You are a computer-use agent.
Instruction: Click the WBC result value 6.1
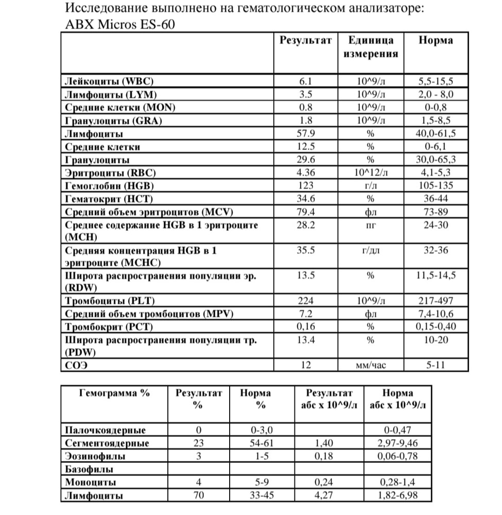point(306,81)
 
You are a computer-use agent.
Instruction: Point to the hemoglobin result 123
point(306,186)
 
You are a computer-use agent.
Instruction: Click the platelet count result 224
point(306,301)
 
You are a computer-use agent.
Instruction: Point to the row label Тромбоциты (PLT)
point(110,301)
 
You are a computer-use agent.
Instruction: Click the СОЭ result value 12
point(306,366)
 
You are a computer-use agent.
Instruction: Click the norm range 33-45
point(255,496)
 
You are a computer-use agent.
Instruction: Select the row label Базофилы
point(89,469)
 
